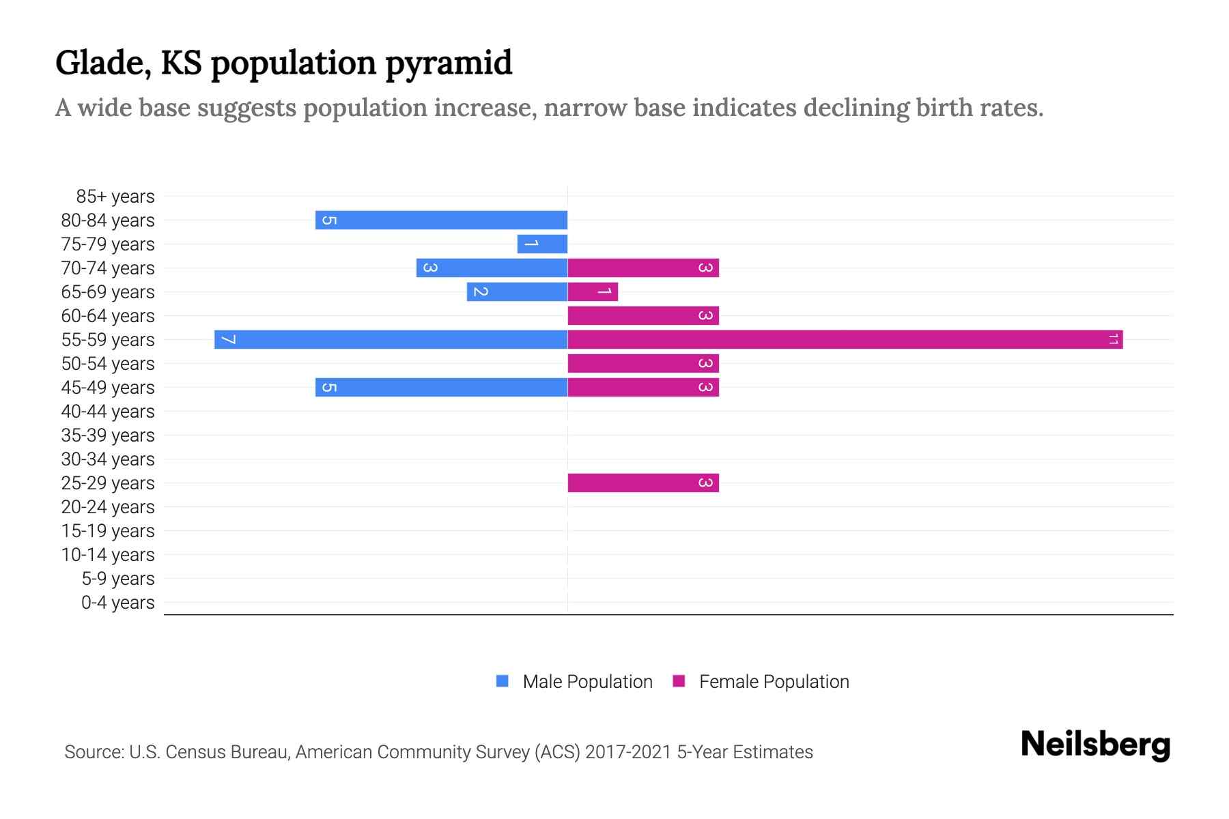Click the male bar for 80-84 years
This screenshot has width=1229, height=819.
(441, 220)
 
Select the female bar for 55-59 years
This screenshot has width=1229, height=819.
(845, 339)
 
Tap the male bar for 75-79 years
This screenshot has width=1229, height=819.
(542, 244)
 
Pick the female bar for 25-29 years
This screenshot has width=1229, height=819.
(642, 483)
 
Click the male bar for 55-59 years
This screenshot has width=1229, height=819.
(391, 339)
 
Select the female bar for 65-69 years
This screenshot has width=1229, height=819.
(593, 292)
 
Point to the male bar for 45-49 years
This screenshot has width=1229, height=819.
(441, 387)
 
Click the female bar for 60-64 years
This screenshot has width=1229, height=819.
(642, 315)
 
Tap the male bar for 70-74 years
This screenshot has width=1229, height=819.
(492, 268)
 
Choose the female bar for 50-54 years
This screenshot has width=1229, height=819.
(642, 363)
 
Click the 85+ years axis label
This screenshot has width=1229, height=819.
(115, 197)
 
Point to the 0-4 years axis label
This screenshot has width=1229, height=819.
(117, 603)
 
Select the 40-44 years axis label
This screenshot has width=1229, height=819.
(108, 412)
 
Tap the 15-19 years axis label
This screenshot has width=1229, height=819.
(108, 531)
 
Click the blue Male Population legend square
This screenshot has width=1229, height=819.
(503, 681)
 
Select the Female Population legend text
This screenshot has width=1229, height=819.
(774, 682)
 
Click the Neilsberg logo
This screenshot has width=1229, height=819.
(1095, 745)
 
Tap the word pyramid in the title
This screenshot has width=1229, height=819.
(448, 64)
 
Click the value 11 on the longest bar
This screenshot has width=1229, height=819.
(1113, 339)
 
